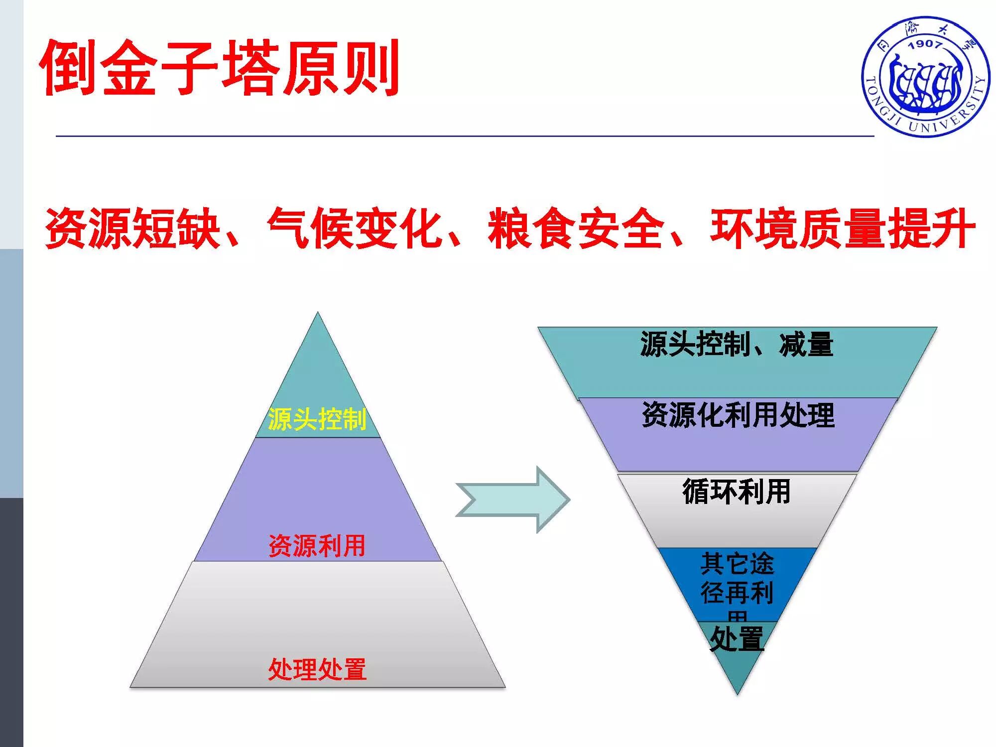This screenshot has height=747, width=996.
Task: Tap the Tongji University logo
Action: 925,77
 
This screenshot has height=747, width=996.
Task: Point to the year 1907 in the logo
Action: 925,44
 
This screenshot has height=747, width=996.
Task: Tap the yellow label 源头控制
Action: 317,419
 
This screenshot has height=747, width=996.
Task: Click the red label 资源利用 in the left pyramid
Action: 317,546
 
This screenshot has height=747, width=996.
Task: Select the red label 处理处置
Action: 317,669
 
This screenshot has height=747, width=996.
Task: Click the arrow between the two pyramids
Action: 513,499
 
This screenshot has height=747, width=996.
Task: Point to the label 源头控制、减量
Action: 737,344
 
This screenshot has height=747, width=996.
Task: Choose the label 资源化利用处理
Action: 738,415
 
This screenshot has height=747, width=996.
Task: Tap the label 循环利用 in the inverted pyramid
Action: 737,491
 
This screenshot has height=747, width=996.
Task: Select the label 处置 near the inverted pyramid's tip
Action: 737,639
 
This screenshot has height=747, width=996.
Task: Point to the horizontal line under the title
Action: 463,135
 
